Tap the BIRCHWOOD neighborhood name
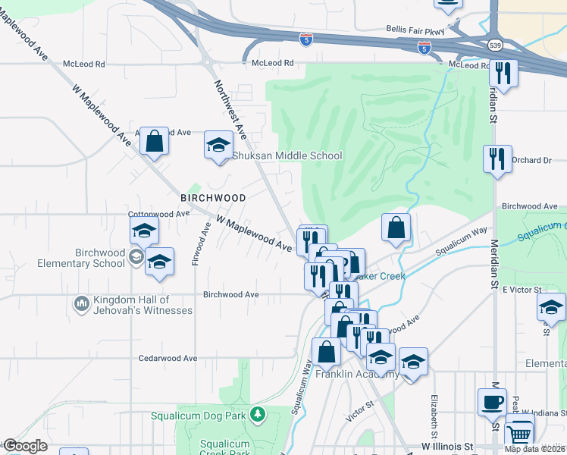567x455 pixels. point(213,197)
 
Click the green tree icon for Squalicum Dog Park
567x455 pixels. point(258,414)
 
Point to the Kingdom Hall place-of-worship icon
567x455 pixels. point(82,304)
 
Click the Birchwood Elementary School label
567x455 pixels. point(100,258)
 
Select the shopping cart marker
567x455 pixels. point(518,435)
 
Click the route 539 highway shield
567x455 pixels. point(495,45)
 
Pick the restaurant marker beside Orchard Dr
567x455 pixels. point(497,158)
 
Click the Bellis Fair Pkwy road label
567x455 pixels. point(414,27)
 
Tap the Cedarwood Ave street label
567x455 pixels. point(168,358)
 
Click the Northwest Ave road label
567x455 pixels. point(230,110)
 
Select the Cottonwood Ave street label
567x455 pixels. point(158,215)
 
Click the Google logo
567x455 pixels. point(25,446)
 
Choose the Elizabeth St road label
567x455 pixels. point(434,416)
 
